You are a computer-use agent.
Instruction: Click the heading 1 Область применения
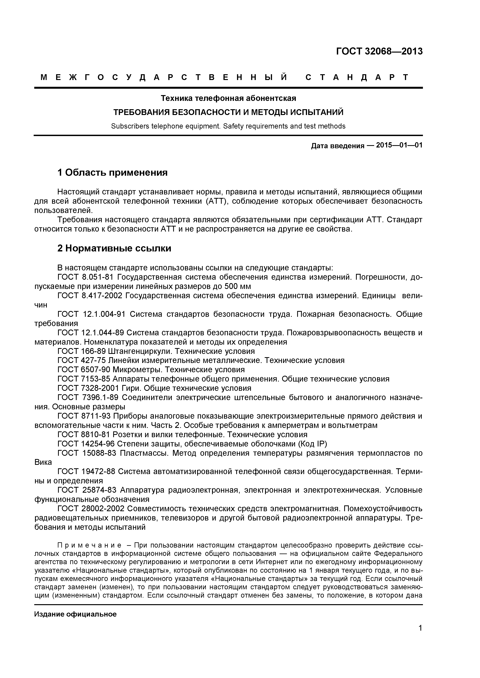[x=112, y=172]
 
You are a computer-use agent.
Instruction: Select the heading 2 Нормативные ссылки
[x=114, y=248]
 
